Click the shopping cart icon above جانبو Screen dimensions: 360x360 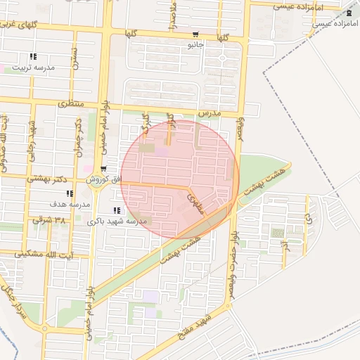pyautogui.click(x=195, y=34)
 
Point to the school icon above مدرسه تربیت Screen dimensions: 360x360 pyautogui.click(x=32, y=56)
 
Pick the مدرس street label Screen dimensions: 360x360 pyautogui.click(x=209, y=112)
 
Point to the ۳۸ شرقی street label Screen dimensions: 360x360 pyautogui.click(x=49, y=220)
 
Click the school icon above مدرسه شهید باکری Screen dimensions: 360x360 pyautogui.click(x=116, y=210)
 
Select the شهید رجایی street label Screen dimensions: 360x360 pyautogui.click(x=32, y=137)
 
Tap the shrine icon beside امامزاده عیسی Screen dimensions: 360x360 pyautogui.click(x=349, y=13)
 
